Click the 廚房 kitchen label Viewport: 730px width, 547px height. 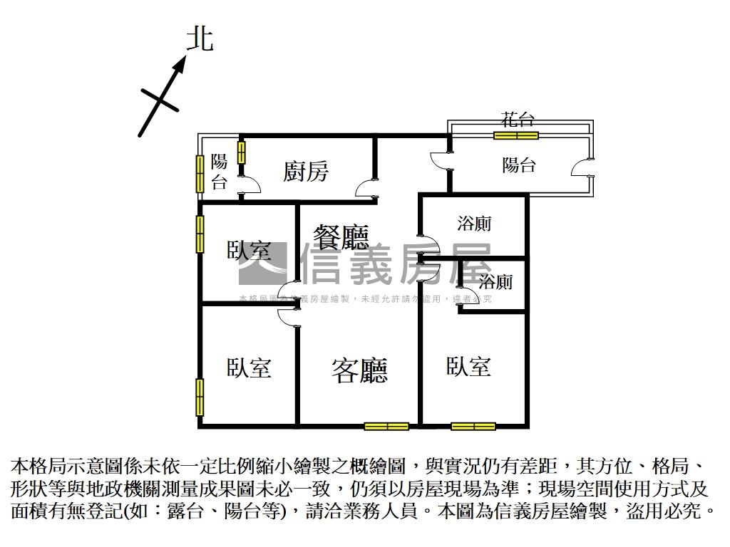click(x=306, y=172)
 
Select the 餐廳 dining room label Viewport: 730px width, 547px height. click(x=341, y=236)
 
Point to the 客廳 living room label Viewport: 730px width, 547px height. click(x=359, y=370)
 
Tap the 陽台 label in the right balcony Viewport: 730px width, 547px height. click(x=519, y=165)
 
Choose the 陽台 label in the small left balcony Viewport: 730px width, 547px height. click(x=220, y=172)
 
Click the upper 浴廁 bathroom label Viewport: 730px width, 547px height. click(x=474, y=224)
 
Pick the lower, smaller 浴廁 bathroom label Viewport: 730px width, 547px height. click(x=495, y=282)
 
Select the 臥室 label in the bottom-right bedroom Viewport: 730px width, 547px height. click(x=468, y=367)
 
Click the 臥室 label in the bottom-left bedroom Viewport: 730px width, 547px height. click(x=250, y=368)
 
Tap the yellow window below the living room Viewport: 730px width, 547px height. click(x=386, y=427)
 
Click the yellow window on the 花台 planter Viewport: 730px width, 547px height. click(x=517, y=135)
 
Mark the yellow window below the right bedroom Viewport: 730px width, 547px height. click(x=473, y=427)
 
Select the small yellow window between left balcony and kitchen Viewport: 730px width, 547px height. click(x=242, y=152)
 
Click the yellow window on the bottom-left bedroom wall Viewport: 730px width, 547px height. click(x=200, y=397)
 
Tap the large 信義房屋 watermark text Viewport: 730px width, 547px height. click(x=396, y=265)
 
